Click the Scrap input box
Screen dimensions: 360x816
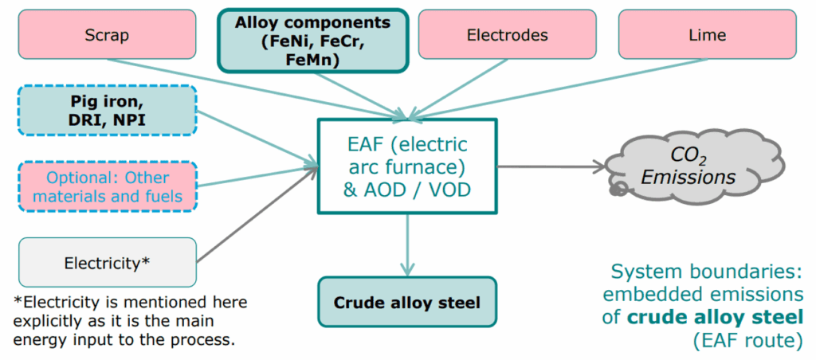(x=107, y=35)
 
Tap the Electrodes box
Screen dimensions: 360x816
(x=507, y=35)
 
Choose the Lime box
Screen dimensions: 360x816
(x=707, y=35)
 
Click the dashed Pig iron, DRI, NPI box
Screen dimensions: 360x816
(x=107, y=111)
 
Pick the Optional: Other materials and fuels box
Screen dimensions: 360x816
(x=107, y=186)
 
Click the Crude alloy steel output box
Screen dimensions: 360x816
(x=407, y=302)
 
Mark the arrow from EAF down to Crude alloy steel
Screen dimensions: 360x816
(x=408, y=243)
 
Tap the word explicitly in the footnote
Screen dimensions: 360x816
(x=47, y=321)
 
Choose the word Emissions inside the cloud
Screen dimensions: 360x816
(x=688, y=178)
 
